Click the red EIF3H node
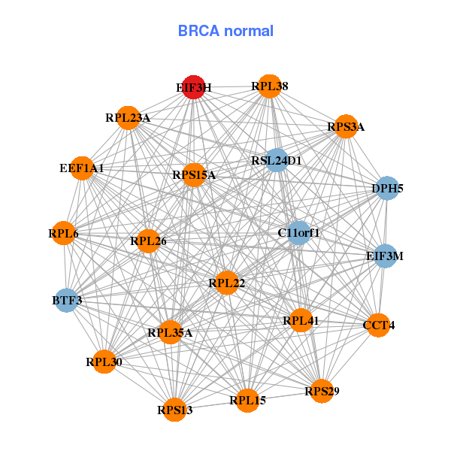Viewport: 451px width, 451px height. click(x=194, y=87)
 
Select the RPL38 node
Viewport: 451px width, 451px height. click(x=270, y=86)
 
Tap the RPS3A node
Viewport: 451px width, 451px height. click(x=345, y=126)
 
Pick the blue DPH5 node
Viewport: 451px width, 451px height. click(x=387, y=188)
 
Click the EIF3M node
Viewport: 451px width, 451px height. click(x=385, y=256)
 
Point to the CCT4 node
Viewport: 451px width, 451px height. click(x=378, y=325)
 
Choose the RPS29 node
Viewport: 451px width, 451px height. click(x=322, y=391)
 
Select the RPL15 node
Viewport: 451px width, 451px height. click(x=248, y=400)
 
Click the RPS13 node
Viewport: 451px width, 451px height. click(x=175, y=410)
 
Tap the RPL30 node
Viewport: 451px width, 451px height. click(x=104, y=362)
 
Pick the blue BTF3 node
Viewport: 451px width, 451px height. click(x=67, y=301)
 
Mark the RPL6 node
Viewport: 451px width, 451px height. click(x=64, y=234)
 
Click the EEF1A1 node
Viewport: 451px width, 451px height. click(x=81, y=168)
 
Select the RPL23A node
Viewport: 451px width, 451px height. click(x=128, y=117)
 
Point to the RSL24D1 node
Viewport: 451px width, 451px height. click(x=277, y=160)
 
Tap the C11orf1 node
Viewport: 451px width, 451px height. click(x=298, y=233)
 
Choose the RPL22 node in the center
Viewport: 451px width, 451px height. click(x=226, y=283)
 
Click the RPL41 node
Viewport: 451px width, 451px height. click(x=301, y=321)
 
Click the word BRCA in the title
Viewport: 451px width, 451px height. click(x=197, y=31)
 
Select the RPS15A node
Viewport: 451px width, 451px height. click(x=194, y=175)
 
